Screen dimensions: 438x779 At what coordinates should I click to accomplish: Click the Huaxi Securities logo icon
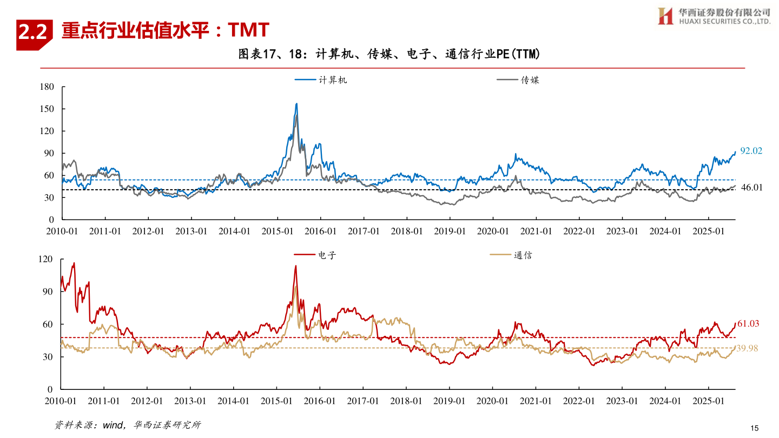[x=665, y=16]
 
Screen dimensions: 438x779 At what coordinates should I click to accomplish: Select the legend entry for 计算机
[x=321, y=80]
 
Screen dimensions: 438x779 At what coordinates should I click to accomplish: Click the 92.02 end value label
[x=751, y=151]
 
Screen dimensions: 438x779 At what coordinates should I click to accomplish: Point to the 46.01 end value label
[x=751, y=187]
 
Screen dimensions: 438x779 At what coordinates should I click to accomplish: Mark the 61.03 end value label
[x=748, y=324]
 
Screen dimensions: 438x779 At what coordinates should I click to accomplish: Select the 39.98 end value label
[x=747, y=349]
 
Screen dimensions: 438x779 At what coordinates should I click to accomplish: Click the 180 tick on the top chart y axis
[x=47, y=87]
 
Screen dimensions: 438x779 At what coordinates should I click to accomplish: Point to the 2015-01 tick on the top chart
[x=278, y=231]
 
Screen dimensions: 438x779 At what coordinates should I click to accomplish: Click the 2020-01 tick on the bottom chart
[x=493, y=401]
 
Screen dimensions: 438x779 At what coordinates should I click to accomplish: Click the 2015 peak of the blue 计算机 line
[x=296, y=104]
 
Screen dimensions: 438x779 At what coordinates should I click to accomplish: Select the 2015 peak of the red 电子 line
[x=295, y=266]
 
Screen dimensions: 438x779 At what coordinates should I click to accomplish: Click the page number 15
[x=755, y=428]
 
